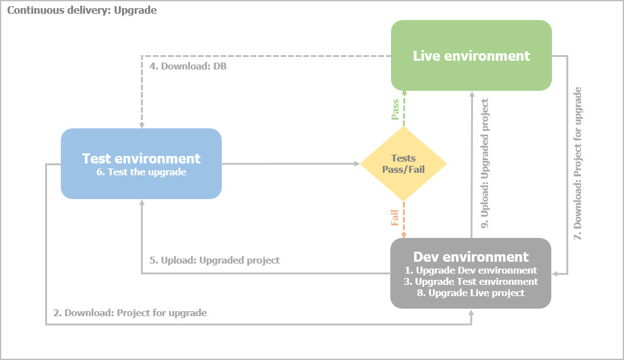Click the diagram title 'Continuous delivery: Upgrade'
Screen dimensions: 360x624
pyautogui.click(x=81, y=11)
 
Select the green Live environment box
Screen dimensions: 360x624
pyautogui.click(x=471, y=56)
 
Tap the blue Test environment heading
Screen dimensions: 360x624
pyautogui.click(x=141, y=158)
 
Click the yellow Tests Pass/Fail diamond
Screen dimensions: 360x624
pyautogui.click(x=403, y=164)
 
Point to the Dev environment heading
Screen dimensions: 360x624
pyautogui.click(x=471, y=257)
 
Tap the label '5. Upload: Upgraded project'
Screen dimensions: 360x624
pyautogui.click(x=214, y=260)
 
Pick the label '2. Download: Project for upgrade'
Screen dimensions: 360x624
pyautogui.click(x=130, y=312)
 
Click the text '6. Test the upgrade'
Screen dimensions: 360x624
pyautogui.click(x=141, y=172)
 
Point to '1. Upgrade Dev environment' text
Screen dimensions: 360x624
pyautogui.click(x=471, y=270)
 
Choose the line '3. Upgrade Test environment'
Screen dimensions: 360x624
pyautogui.click(x=471, y=282)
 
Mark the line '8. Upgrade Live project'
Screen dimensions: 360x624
pyautogui.click(x=471, y=293)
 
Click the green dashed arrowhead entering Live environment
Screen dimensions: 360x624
pyautogui.click(x=403, y=93)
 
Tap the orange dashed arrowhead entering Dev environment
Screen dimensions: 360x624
pyautogui.click(x=403, y=235)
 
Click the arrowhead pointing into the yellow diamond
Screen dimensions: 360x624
pyautogui.click(x=356, y=164)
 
